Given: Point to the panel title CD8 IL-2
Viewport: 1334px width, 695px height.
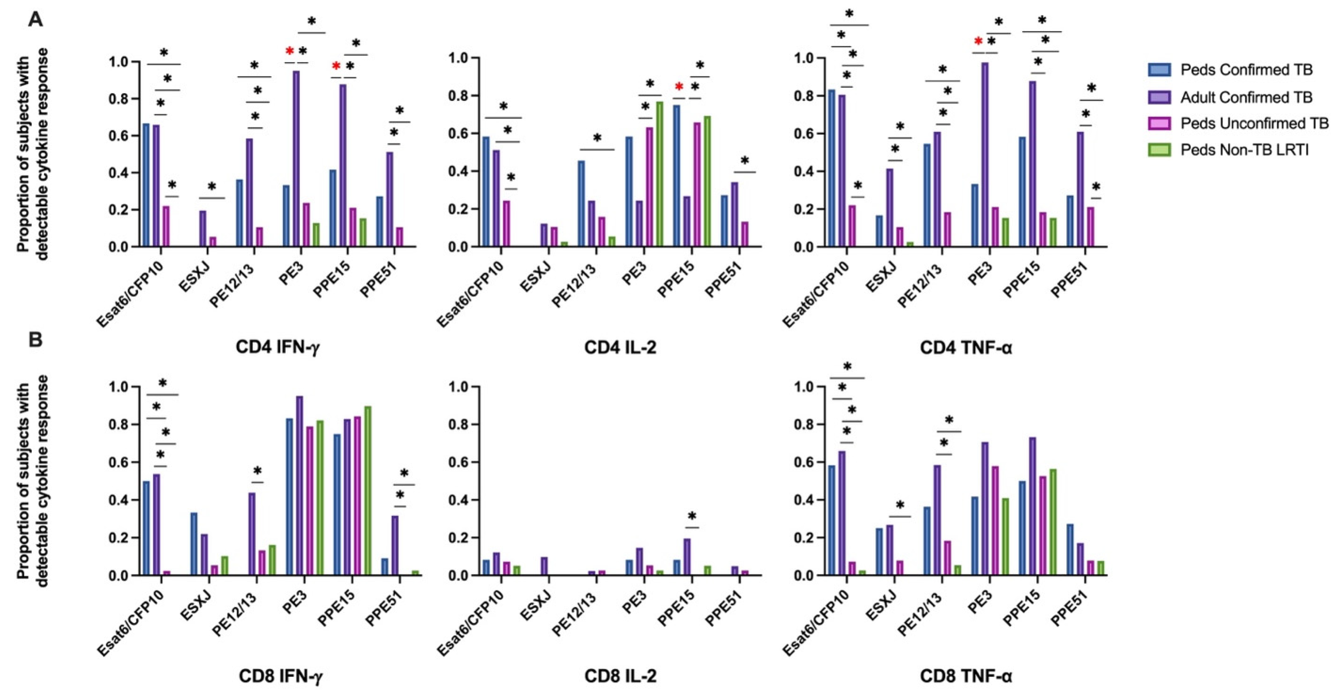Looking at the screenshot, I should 620,676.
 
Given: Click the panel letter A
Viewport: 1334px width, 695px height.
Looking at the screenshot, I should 35,20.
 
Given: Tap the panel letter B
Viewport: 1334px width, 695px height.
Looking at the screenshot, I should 35,340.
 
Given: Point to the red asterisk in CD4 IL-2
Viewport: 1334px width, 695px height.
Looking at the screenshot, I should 679,86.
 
